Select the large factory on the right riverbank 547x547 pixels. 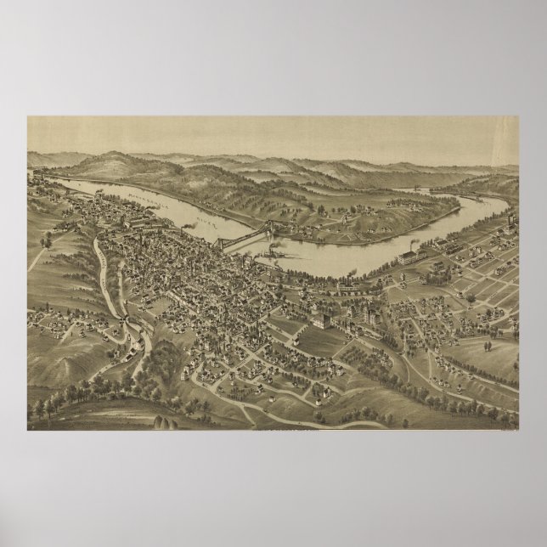pos(414,255)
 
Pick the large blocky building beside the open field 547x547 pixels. pos(321,321)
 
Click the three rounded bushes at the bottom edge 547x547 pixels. pos(161,421)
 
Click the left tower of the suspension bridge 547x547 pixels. pos(223,241)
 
